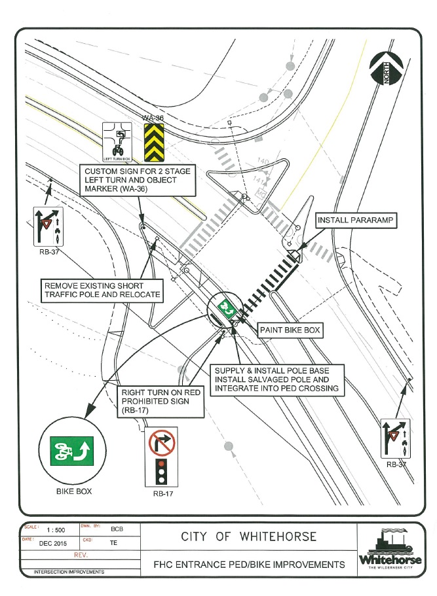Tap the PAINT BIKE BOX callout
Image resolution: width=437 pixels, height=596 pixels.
[289, 331]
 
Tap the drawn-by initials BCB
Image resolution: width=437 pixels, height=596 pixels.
[117, 529]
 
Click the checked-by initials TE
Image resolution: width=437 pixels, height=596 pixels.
[114, 542]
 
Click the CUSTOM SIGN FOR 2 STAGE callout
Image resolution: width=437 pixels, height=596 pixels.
[140, 180]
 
